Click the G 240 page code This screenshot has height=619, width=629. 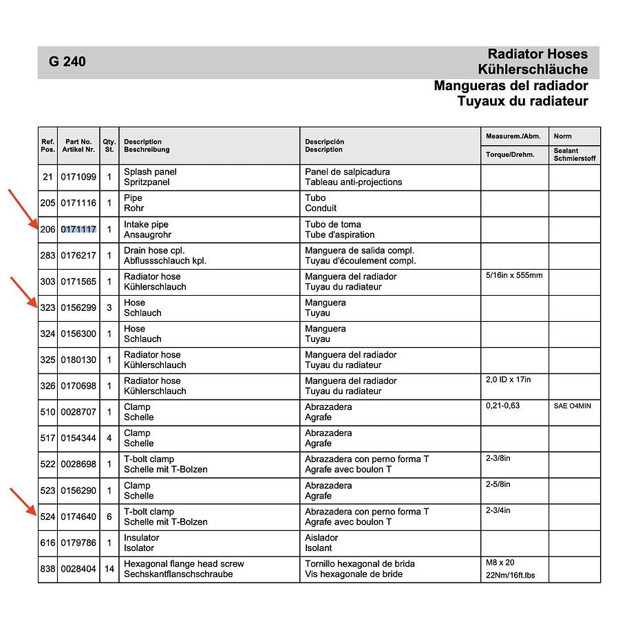(x=67, y=62)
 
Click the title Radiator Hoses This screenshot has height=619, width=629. (x=537, y=54)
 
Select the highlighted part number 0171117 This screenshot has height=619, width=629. (x=78, y=230)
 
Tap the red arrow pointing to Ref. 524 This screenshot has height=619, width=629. (x=23, y=501)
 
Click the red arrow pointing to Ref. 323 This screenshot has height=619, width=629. (x=23, y=292)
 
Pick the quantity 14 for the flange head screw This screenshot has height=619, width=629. (x=109, y=569)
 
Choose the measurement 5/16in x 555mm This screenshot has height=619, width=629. (x=514, y=276)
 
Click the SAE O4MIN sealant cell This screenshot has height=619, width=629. (x=572, y=406)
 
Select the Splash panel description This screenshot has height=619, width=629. (x=150, y=172)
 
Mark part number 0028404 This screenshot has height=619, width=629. (x=78, y=569)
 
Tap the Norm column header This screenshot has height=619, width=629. (x=562, y=136)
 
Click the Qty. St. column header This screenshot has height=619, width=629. (x=109, y=145)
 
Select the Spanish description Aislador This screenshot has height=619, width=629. (x=323, y=538)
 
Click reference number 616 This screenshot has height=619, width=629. (x=47, y=543)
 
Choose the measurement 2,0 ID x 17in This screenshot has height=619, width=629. (x=509, y=380)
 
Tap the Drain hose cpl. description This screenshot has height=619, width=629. (x=154, y=250)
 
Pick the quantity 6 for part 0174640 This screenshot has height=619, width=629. (x=109, y=517)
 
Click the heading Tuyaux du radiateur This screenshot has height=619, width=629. (x=522, y=101)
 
